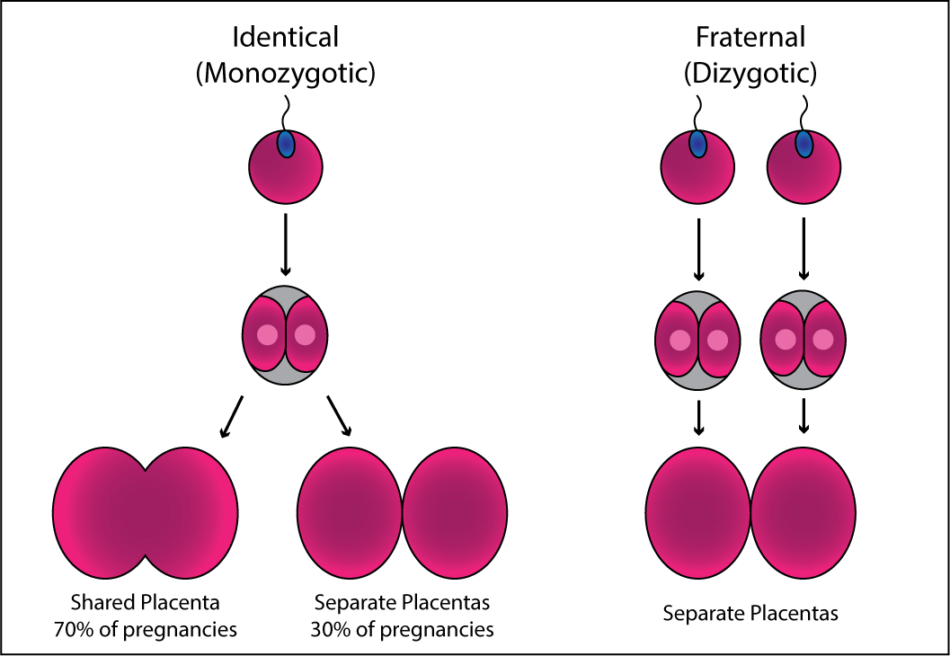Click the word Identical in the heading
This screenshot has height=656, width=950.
(x=285, y=38)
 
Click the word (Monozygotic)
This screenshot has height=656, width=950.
(x=285, y=74)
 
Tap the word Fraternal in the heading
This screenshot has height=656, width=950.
(x=750, y=38)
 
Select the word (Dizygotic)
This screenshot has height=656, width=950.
(x=750, y=74)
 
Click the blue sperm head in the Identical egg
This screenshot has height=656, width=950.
(x=286, y=144)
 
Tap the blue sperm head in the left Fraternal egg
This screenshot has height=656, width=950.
(x=697, y=144)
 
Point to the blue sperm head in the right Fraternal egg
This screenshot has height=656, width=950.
(x=804, y=144)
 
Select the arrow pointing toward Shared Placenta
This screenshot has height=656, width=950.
(x=231, y=416)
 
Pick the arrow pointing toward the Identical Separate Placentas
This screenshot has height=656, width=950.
(x=340, y=416)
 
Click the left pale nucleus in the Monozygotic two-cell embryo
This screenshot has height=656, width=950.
(x=268, y=335)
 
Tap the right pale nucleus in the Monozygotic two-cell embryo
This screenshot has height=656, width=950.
(x=306, y=335)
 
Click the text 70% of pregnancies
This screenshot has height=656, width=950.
(x=146, y=629)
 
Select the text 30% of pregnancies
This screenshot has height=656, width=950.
(x=403, y=629)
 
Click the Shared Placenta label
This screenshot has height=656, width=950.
(x=146, y=601)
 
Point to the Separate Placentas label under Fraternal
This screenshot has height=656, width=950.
(x=750, y=614)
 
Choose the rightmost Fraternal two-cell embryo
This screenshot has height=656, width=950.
(x=804, y=340)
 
